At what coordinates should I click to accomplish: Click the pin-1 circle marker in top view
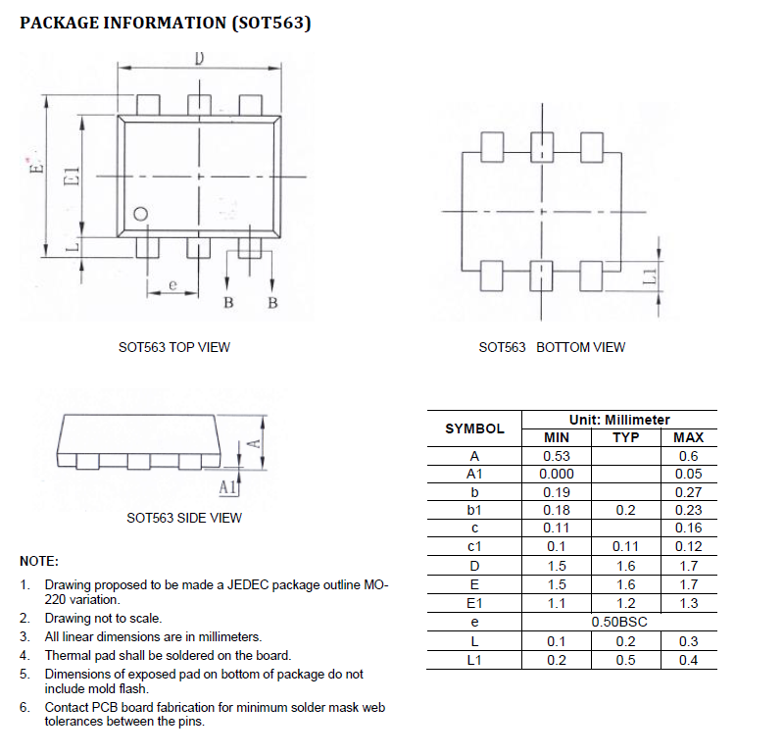tap(141, 214)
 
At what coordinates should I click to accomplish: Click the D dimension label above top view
tap(199, 58)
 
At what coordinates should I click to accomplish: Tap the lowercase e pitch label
tap(171, 285)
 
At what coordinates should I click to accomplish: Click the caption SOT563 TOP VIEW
tap(174, 347)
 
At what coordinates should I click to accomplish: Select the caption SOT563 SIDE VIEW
tap(184, 518)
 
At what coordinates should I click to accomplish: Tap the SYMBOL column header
tap(474, 428)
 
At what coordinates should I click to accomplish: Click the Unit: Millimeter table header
tap(619, 420)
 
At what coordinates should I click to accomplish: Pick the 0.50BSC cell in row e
tap(619, 623)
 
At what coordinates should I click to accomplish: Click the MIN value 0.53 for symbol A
tap(556, 456)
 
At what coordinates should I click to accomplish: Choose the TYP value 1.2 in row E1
tap(625, 604)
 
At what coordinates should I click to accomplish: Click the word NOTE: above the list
tap(39, 562)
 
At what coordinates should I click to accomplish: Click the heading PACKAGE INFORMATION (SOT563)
tap(166, 23)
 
